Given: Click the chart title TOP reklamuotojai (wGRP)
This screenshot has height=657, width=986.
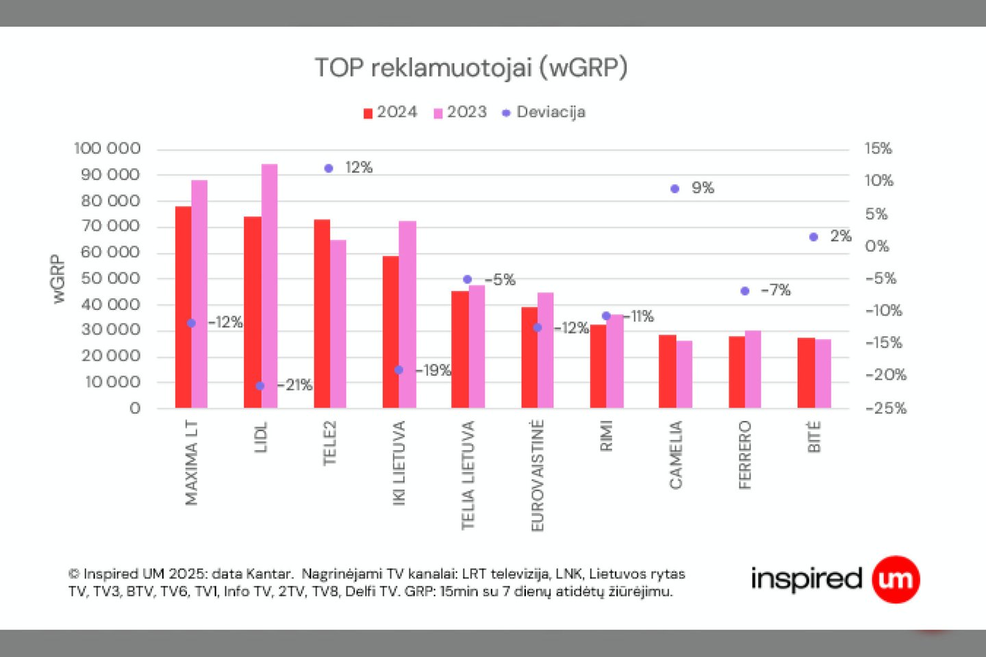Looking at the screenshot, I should pyautogui.click(x=471, y=68).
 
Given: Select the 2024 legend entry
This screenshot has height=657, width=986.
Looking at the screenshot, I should pyautogui.click(x=390, y=112).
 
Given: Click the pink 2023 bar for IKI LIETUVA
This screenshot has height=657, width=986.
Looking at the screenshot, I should pyautogui.click(x=407, y=314).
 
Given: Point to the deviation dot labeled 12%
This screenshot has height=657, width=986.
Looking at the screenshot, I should pyautogui.click(x=329, y=168).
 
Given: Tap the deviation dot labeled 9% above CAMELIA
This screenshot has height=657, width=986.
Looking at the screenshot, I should pyautogui.click(x=675, y=189).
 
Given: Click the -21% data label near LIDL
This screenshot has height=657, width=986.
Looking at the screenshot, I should pyautogui.click(x=295, y=385).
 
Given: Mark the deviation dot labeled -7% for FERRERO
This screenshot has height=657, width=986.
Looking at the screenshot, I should pyautogui.click(x=745, y=291).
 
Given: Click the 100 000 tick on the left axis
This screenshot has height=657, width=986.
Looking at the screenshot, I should pyautogui.click(x=108, y=149).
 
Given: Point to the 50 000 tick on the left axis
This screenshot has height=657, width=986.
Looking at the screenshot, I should pyautogui.click(x=110, y=279).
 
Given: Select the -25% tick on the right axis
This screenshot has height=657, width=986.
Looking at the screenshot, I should pyautogui.click(x=885, y=409).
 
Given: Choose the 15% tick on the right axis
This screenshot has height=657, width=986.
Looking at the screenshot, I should pyautogui.click(x=878, y=149).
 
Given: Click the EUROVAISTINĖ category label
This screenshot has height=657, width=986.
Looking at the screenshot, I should pyautogui.click(x=538, y=476).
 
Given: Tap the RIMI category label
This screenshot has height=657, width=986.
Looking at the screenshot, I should pyautogui.click(x=606, y=436).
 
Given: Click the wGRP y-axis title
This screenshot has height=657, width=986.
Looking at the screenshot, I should pyautogui.click(x=58, y=279).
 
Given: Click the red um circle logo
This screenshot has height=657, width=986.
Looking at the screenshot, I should pyautogui.click(x=896, y=580).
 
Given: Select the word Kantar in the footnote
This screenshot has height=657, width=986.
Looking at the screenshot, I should pyautogui.click(x=270, y=574).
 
